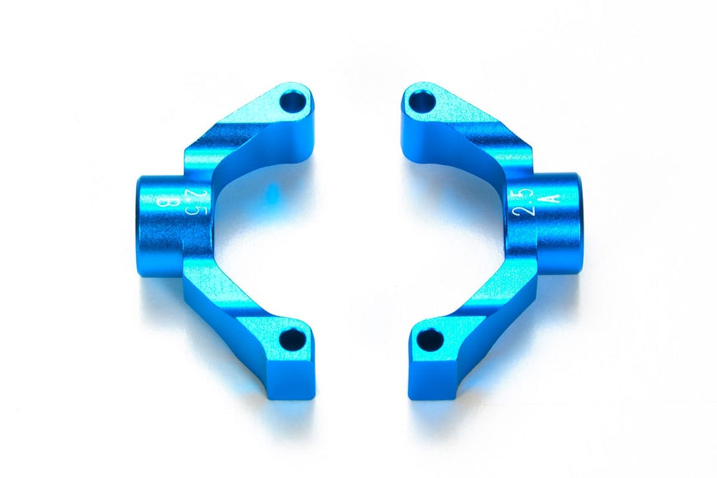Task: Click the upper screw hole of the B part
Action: click(292, 102)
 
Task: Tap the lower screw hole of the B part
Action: click(292, 339)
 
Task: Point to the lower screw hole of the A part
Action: click(429, 339)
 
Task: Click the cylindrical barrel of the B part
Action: click(159, 225)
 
